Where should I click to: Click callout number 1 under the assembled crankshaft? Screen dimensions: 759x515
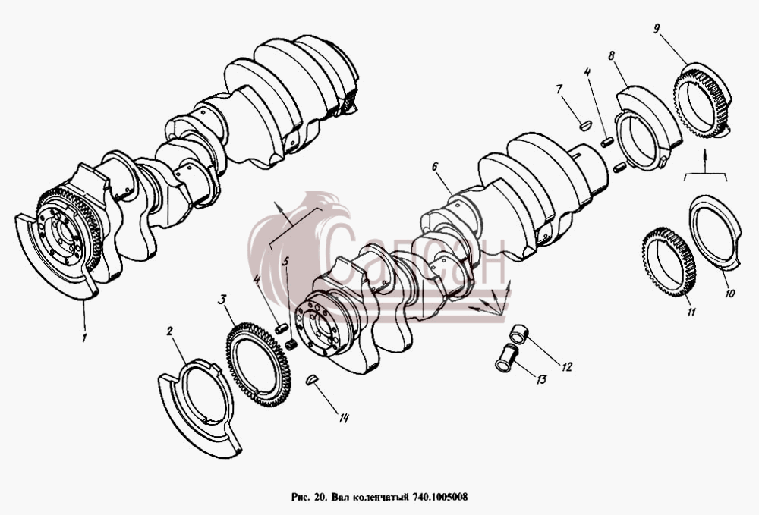84,337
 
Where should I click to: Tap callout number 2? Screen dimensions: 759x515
170,331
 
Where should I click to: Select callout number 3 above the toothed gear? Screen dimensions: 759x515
222,300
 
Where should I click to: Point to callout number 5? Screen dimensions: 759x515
285,262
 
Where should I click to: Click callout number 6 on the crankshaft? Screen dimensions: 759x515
435,168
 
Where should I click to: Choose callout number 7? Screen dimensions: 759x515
559,89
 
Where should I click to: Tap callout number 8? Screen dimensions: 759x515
611,55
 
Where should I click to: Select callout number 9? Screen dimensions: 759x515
657,29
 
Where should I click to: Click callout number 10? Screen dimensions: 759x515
730,293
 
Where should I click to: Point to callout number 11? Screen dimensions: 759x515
691,312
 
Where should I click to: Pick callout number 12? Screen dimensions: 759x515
566,367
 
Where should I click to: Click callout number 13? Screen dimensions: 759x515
541,379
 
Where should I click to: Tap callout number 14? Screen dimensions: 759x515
344,418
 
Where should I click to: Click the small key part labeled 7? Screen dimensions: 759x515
585,126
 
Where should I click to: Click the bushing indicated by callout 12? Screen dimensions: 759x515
519,334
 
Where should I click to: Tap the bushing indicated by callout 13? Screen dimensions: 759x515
506,358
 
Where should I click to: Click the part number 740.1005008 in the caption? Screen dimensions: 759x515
440,497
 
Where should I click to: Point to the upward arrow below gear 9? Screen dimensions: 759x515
705,162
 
